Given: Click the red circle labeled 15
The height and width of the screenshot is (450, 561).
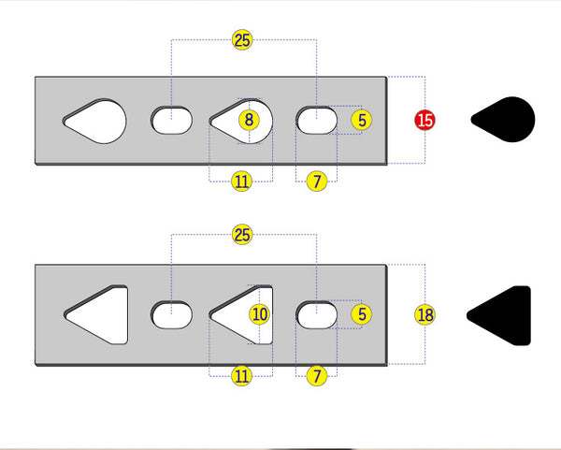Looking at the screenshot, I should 425,120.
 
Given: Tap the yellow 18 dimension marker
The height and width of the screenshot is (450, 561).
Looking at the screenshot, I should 425,314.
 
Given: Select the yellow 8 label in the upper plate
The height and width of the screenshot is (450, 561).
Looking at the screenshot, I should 248,120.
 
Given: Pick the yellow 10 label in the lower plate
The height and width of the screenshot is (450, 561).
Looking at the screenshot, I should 259,314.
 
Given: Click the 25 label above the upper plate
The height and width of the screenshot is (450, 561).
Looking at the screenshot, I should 242,40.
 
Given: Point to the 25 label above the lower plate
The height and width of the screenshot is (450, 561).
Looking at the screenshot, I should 242,235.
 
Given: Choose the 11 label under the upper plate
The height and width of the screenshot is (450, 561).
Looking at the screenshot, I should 242,181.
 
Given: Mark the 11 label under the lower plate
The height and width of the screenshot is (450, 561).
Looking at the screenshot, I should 242,376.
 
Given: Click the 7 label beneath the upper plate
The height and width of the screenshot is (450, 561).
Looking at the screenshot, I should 317,181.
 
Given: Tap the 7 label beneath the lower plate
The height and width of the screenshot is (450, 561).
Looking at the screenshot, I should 317,376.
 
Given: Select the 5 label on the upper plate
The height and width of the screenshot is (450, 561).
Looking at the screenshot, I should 362,120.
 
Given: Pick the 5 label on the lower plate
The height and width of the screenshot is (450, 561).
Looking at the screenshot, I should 362,314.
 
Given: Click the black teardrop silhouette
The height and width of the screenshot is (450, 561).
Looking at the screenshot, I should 505,120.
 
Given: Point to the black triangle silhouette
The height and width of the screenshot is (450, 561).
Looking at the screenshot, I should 502,314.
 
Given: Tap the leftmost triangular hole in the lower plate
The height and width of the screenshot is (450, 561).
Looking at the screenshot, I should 101,314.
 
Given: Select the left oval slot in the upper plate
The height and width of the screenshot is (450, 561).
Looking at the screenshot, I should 172,120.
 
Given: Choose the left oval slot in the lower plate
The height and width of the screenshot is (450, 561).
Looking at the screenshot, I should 172,315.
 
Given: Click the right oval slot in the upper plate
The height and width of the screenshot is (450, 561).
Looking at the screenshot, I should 318,120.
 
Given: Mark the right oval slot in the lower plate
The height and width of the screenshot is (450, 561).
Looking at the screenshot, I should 318,315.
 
